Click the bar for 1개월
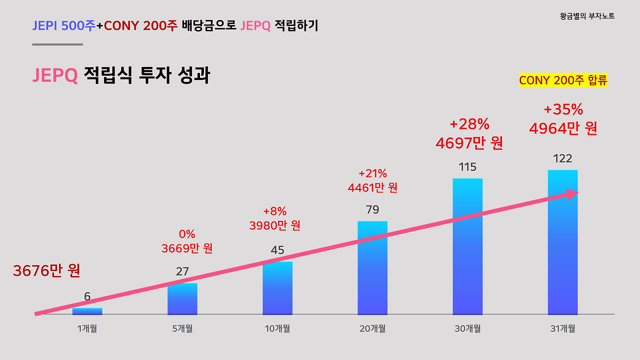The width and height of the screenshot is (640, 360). (x=87, y=311)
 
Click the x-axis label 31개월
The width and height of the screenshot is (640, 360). (x=562, y=328)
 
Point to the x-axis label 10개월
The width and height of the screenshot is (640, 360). (x=277, y=328)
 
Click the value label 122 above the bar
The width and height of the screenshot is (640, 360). (x=562, y=158)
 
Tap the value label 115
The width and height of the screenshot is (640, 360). (x=467, y=167)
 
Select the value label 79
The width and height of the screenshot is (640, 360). (x=372, y=209)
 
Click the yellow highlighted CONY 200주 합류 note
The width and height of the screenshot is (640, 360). (x=563, y=80)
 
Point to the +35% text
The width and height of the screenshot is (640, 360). (x=563, y=109)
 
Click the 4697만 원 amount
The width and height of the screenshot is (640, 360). (x=469, y=143)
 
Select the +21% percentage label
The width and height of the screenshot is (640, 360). (x=372, y=173)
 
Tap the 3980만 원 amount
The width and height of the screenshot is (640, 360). (x=274, y=225)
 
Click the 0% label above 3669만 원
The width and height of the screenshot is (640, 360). (x=186, y=234)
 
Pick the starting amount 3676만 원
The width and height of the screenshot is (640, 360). (x=46, y=271)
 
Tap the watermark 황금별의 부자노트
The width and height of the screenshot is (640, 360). (x=587, y=16)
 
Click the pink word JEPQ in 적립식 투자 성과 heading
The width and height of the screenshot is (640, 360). (x=55, y=76)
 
